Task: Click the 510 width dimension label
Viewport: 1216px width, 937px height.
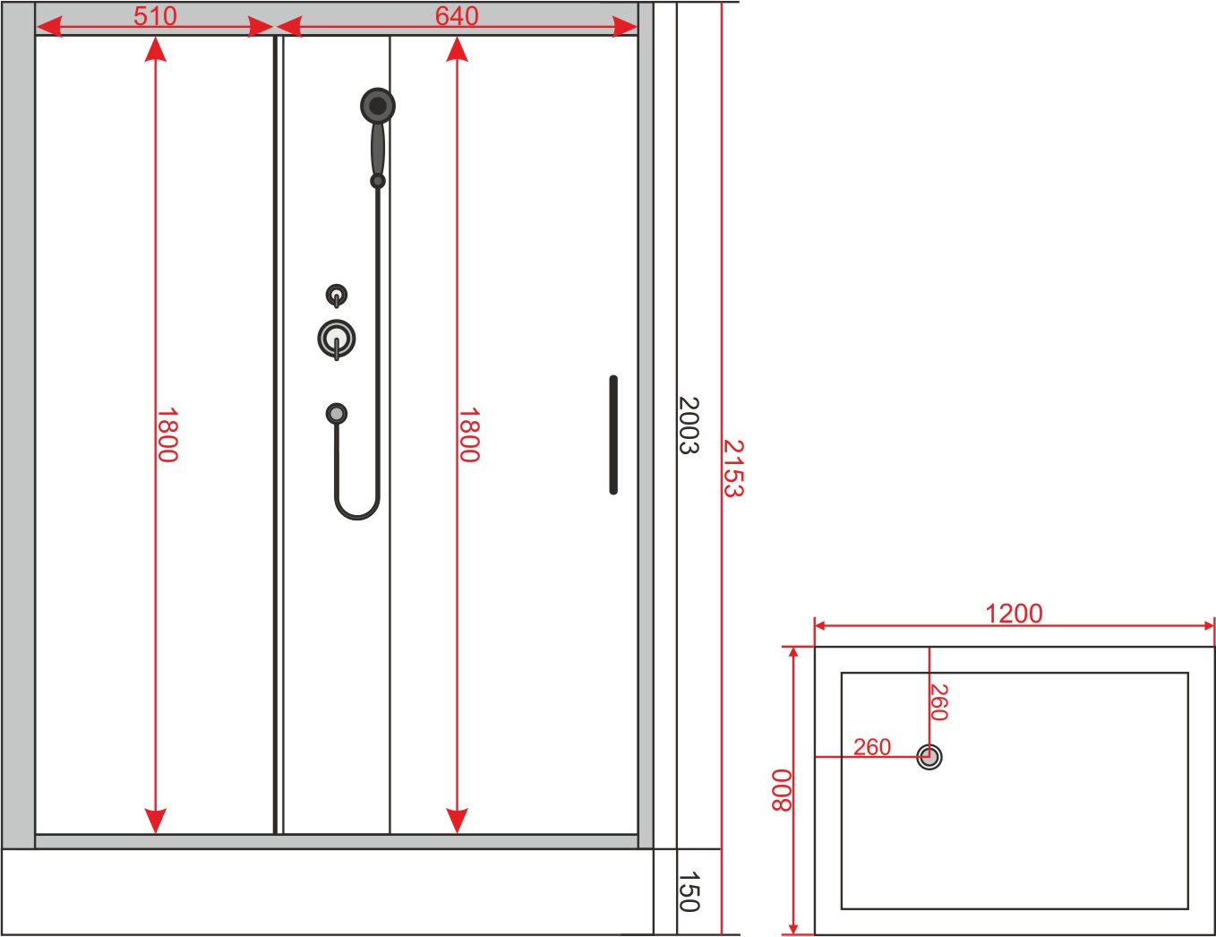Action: (155, 15)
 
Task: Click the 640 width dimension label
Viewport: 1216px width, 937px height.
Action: (457, 15)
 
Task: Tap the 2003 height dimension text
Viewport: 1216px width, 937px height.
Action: (689, 426)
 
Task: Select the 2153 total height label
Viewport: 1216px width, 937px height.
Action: (733, 468)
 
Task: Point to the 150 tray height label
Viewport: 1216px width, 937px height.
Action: (689, 891)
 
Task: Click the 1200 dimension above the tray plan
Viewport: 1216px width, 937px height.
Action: (1014, 614)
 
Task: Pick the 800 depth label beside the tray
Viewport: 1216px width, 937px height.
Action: (781, 790)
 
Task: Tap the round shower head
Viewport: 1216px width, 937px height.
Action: (378, 105)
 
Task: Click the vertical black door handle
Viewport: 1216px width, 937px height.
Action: (613, 435)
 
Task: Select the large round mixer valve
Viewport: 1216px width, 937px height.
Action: (337, 339)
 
